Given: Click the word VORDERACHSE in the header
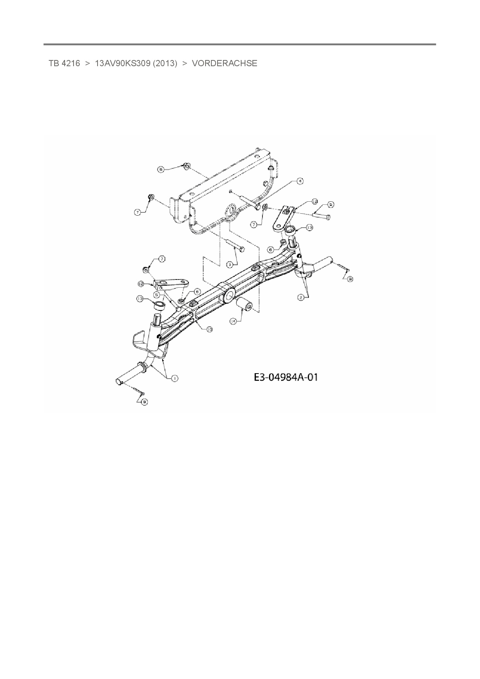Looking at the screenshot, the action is (x=225, y=63).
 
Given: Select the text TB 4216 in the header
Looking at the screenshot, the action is (x=64, y=63).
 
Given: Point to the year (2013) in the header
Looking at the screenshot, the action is (x=165, y=63).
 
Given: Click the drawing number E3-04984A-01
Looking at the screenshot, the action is (x=286, y=377).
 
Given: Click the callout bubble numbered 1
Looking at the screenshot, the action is (x=175, y=378).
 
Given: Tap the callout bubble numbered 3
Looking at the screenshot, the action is (x=230, y=264).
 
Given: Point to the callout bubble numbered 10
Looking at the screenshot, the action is (x=209, y=329).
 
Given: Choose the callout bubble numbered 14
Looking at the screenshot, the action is (x=233, y=321).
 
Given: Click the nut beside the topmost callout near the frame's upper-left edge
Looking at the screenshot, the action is (x=187, y=166).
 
